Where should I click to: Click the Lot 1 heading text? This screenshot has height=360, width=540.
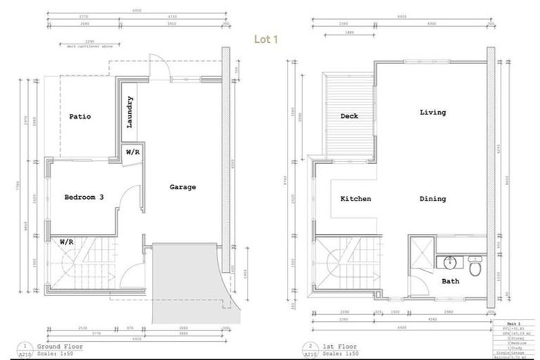269,40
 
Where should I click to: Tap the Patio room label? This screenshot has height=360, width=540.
79,117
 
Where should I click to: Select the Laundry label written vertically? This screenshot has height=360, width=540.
130,112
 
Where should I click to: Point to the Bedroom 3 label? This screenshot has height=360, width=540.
84,197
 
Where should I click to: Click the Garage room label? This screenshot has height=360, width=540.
183,187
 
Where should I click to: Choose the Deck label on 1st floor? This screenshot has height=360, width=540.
350,117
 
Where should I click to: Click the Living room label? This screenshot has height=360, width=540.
432,112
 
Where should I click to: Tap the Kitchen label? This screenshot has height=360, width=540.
355,199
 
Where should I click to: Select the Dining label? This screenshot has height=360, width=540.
432,199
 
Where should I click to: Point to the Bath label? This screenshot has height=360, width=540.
450,281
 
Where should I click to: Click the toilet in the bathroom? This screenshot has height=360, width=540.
475,266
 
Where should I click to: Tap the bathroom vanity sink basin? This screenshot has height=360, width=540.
449,263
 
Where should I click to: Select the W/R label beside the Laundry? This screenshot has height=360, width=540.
132,152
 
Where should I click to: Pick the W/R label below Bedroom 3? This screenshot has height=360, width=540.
67,241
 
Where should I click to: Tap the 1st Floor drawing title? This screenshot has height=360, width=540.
339,347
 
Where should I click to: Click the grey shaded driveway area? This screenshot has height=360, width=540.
184,278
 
